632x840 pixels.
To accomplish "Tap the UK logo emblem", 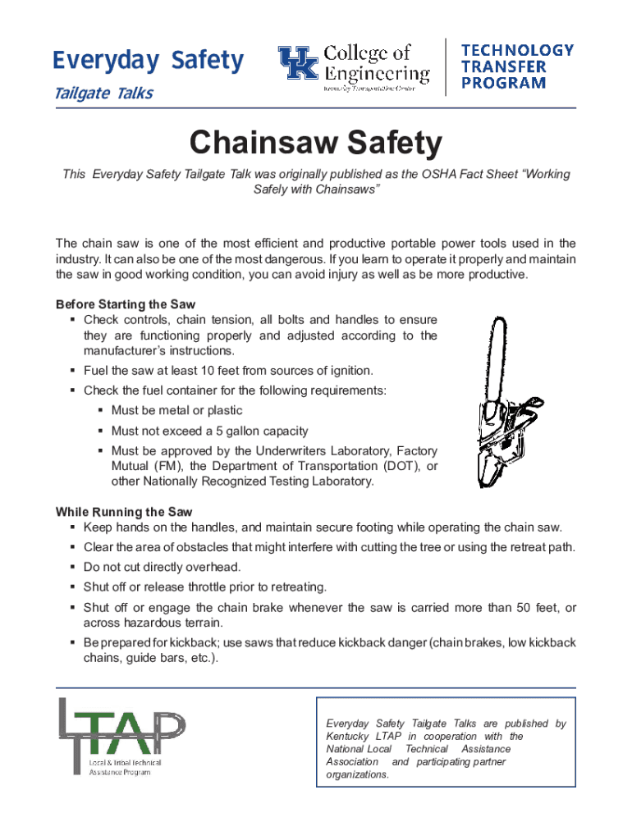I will [x=299, y=65].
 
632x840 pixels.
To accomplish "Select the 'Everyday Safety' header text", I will [x=148, y=61].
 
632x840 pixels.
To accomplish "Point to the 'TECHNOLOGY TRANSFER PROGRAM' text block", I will [x=517, y=66].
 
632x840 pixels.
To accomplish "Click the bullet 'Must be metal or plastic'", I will [x=176, y=410].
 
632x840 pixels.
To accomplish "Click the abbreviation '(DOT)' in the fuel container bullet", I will [x=398, y=466].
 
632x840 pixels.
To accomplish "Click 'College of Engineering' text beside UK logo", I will [x=376, y=64].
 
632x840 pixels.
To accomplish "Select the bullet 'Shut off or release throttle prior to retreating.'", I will [x=205, y=587].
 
